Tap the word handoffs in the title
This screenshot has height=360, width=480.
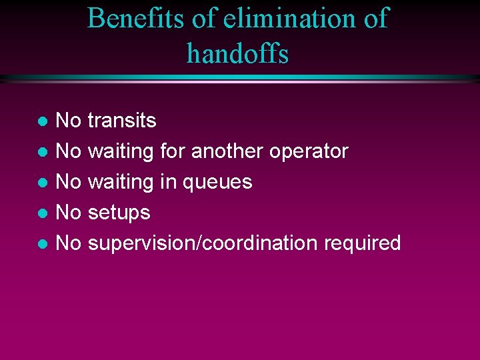[238, 53]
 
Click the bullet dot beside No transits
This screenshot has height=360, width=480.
[42, 122]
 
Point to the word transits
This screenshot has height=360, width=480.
[122, 121]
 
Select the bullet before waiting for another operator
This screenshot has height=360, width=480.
[42, 153]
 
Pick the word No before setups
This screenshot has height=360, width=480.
[69, 213]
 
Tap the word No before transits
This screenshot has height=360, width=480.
[69, 121]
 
